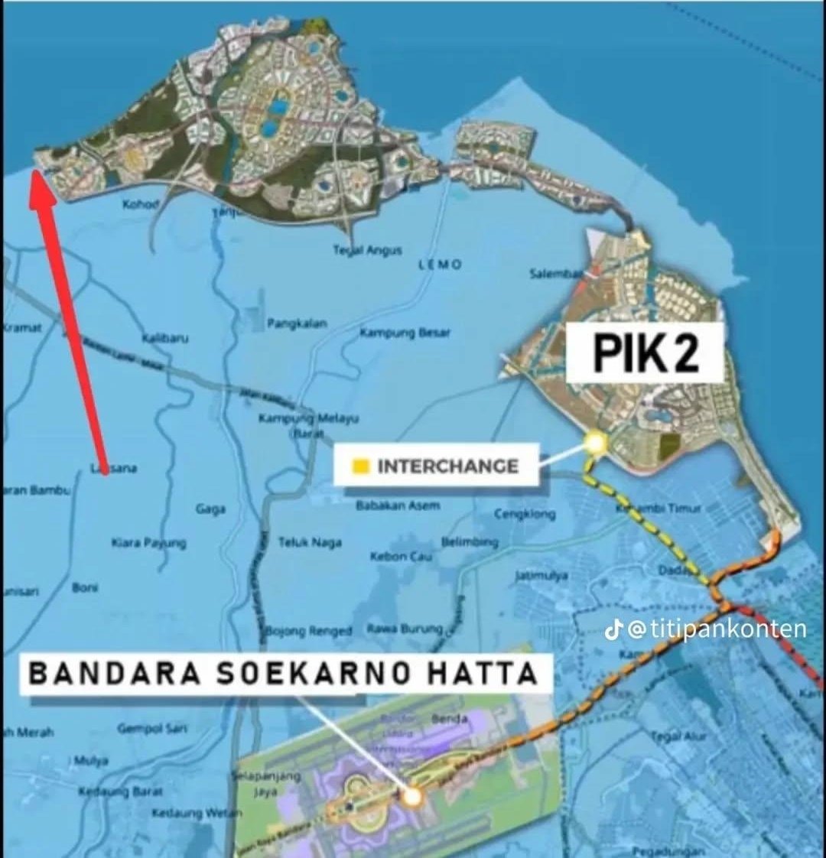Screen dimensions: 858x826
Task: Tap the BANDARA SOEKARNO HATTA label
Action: (x=282, y=674)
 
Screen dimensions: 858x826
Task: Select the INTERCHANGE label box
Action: (x=436, y=466)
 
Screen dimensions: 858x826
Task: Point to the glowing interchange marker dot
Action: (x=595, y=442)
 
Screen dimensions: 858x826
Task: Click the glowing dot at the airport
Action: (x=412, y=797)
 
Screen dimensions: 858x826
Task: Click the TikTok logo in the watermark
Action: (x=612, y=629)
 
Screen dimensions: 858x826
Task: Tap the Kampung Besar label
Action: (x=405, y=333)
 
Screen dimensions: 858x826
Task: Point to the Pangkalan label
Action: (x=297, y=323)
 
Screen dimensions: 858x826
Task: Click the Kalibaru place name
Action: (x=165, y=337)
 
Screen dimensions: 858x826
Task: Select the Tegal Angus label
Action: (x=367, y=250)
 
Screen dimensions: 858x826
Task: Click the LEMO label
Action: (x=441, y=264)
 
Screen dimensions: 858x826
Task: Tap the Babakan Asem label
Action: (x=398, y=505)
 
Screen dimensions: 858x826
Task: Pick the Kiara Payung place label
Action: (x=148, y=542)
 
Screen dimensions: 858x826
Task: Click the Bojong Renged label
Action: (x=309, y=631)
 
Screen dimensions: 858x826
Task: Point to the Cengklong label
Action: (x=525, y=514)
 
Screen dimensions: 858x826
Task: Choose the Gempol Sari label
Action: (x=152, y=729)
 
